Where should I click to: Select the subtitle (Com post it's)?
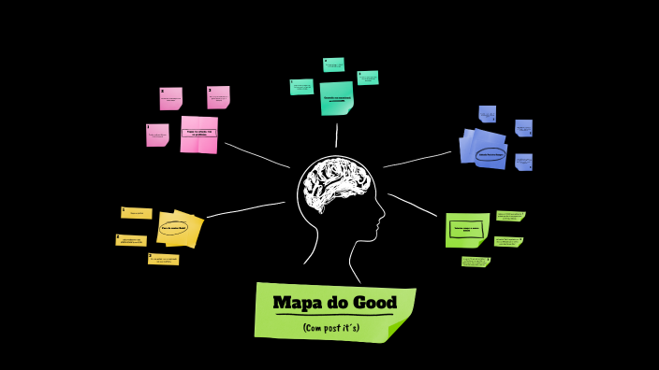click(331, 328)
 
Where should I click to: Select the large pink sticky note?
click(198, 134)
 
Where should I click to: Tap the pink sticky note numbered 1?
click(157, 135)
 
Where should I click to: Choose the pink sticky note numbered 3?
click(218, 97)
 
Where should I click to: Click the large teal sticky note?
click(336, 97)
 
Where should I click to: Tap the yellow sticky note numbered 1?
click(137, 213)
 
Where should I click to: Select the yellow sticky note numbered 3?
click(164, 259)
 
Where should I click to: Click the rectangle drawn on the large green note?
click(466, 227)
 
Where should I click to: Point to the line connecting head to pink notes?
click(257, 155)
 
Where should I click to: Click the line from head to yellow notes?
click(245, 209)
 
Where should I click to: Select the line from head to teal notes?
click(336, 135)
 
